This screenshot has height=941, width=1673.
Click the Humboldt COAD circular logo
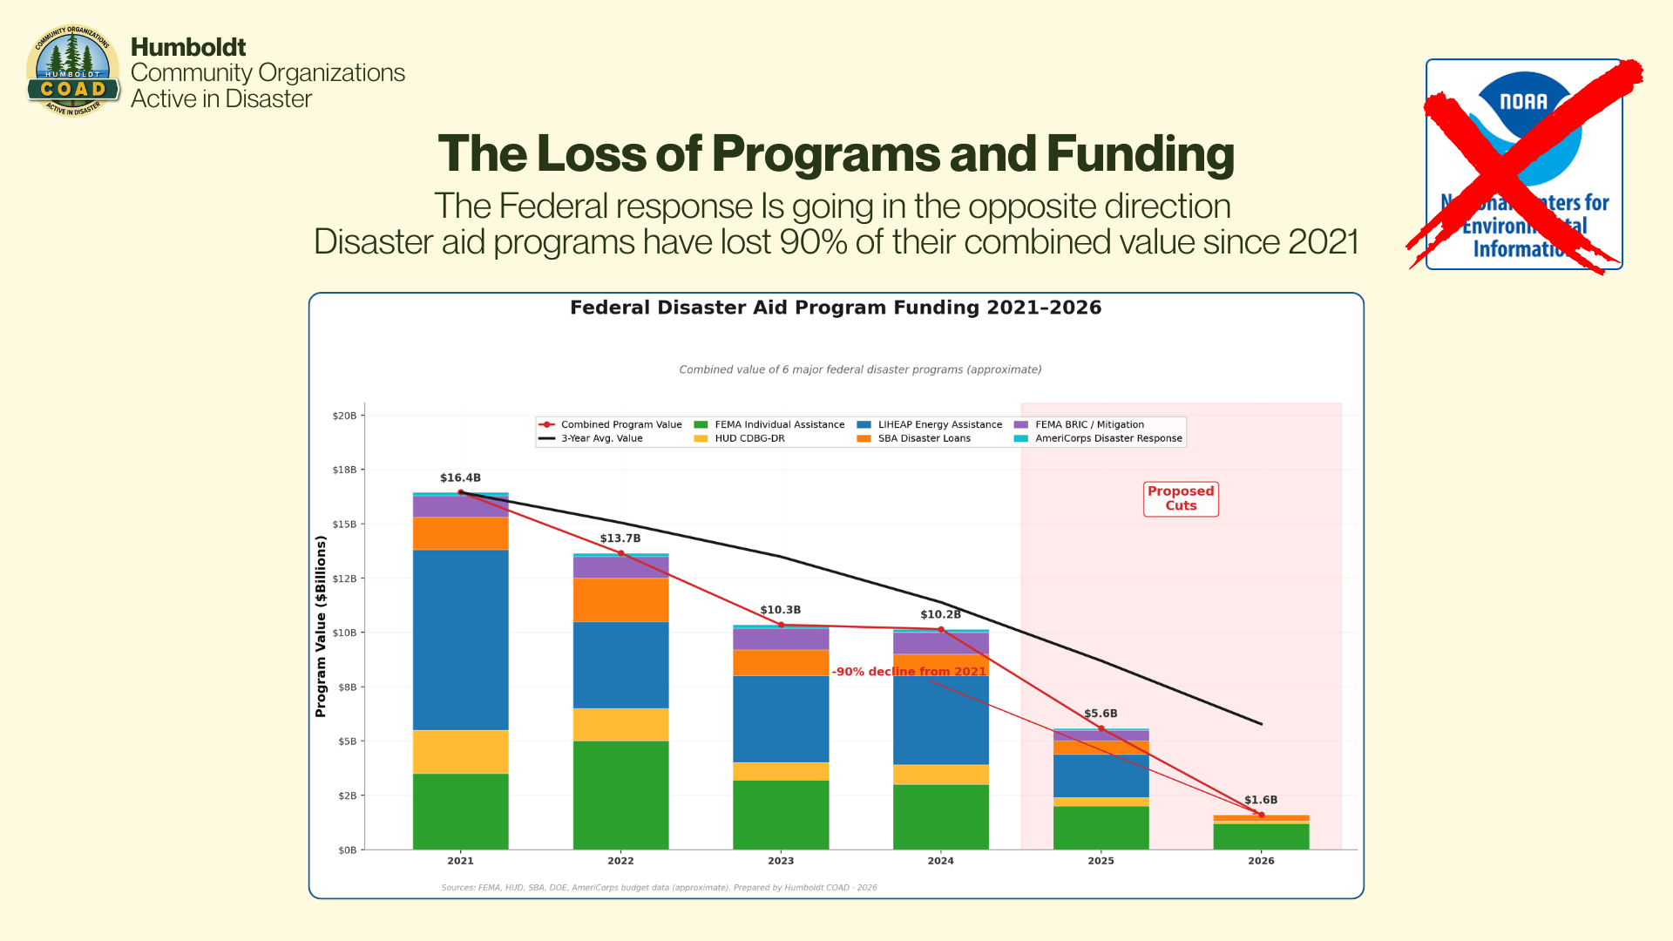(73, 71)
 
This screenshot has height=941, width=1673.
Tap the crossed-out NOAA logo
(1524, 165)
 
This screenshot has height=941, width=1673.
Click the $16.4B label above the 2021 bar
(460, 478)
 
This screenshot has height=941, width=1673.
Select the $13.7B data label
(620, 538)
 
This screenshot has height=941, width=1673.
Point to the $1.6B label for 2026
(1261, 800)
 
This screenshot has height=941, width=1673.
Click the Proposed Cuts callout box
(1181, 499)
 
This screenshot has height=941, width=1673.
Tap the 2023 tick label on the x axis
(781, 861)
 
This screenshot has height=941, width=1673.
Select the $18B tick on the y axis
(344, 470)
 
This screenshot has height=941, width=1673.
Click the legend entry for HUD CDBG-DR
(749, 438)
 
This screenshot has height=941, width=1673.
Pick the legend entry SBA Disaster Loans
(924, 438)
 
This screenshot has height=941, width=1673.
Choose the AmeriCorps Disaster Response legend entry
(1107, 438)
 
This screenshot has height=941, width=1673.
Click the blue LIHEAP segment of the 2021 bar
(460, 640)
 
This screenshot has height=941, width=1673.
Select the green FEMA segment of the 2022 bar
(620, 795)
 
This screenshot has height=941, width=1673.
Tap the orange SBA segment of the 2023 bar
(781, 662)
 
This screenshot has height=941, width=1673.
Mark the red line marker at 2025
(1101, 728)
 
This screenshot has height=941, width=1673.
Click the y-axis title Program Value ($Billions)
(321, 626)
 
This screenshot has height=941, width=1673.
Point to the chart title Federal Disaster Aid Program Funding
(836, 308)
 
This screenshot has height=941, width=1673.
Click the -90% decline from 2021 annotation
(909, 672)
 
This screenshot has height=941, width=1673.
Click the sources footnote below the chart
(659, 888)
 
